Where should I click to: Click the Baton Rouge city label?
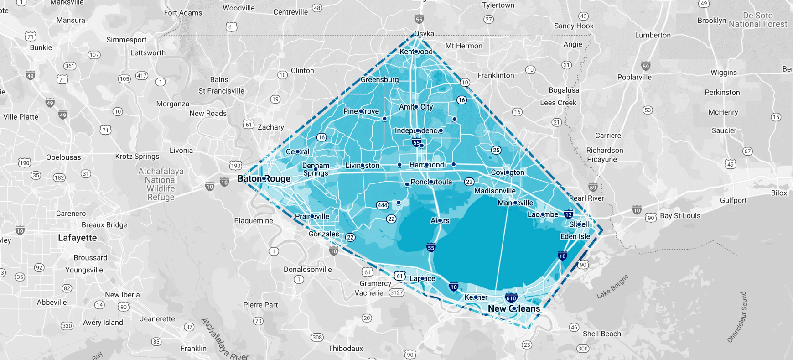264,178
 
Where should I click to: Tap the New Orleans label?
514,308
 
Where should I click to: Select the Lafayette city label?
77,238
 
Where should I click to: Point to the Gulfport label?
733,200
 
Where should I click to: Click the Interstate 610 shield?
511,298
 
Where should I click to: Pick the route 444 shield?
382,205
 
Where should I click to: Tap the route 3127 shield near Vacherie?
396,292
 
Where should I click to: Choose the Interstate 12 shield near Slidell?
568,214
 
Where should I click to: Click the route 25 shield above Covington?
496,150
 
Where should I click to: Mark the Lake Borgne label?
612,287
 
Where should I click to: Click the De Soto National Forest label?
757,20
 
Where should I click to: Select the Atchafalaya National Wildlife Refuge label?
161,184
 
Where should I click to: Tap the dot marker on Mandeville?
515,203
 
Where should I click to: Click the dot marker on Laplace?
422,278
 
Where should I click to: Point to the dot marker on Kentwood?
416,52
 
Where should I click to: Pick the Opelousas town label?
63,157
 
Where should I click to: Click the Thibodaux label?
346,349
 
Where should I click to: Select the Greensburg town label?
379,79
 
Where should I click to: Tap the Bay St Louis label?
679,216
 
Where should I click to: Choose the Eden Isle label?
575,236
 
